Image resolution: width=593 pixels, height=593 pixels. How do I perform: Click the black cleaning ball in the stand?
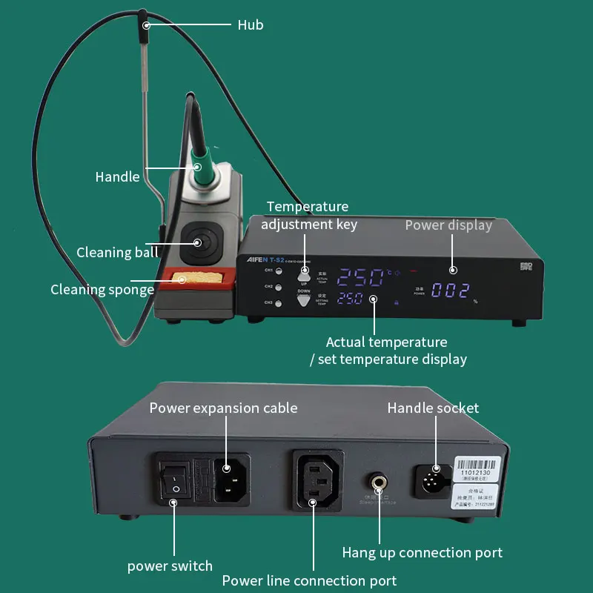(198, 242)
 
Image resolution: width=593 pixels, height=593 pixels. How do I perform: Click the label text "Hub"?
(251, 25)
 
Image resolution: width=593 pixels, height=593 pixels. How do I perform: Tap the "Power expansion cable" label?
(223, 408)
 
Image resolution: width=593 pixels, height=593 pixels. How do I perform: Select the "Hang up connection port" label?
(422, 552)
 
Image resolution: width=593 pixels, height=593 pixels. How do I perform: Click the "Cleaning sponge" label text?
(102, 289)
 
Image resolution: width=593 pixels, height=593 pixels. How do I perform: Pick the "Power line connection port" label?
(309, 580)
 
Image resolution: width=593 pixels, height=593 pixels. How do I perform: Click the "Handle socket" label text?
(433, 408)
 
